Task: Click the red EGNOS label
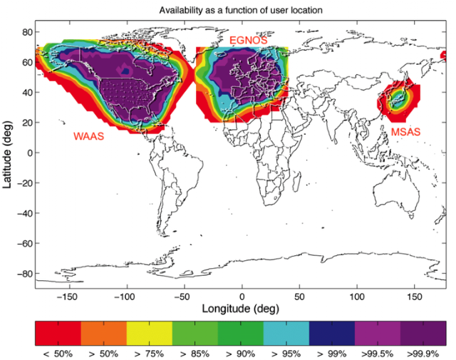click(x=248, y=40)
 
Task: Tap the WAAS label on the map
click(x=88, y=136)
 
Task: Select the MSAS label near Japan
click(x=405, y=132)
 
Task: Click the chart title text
click(x=241, y=10)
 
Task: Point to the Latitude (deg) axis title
click(x=7, y=154)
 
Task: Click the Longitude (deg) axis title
click(x=241, y=309)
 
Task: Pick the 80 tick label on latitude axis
click(x=27, y=32)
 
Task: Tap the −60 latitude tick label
click(x=25, y=243)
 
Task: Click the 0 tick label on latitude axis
click(x=30, y=153)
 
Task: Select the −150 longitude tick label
click(x=67, y=297)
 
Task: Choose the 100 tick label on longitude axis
click(x=356, y=297)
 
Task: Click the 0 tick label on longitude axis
click(x=242, y=297)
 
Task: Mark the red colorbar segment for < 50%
click(x=58, y=334)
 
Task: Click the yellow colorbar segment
click(x=150, y=334)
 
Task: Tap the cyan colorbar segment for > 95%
click(x=286, y=334)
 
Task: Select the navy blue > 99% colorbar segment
click(x=332, y=334)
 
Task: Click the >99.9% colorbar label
click(x=423, y=354)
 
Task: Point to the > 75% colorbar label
click(x=149, y=354)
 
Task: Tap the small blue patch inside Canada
click(x=125, y=71)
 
